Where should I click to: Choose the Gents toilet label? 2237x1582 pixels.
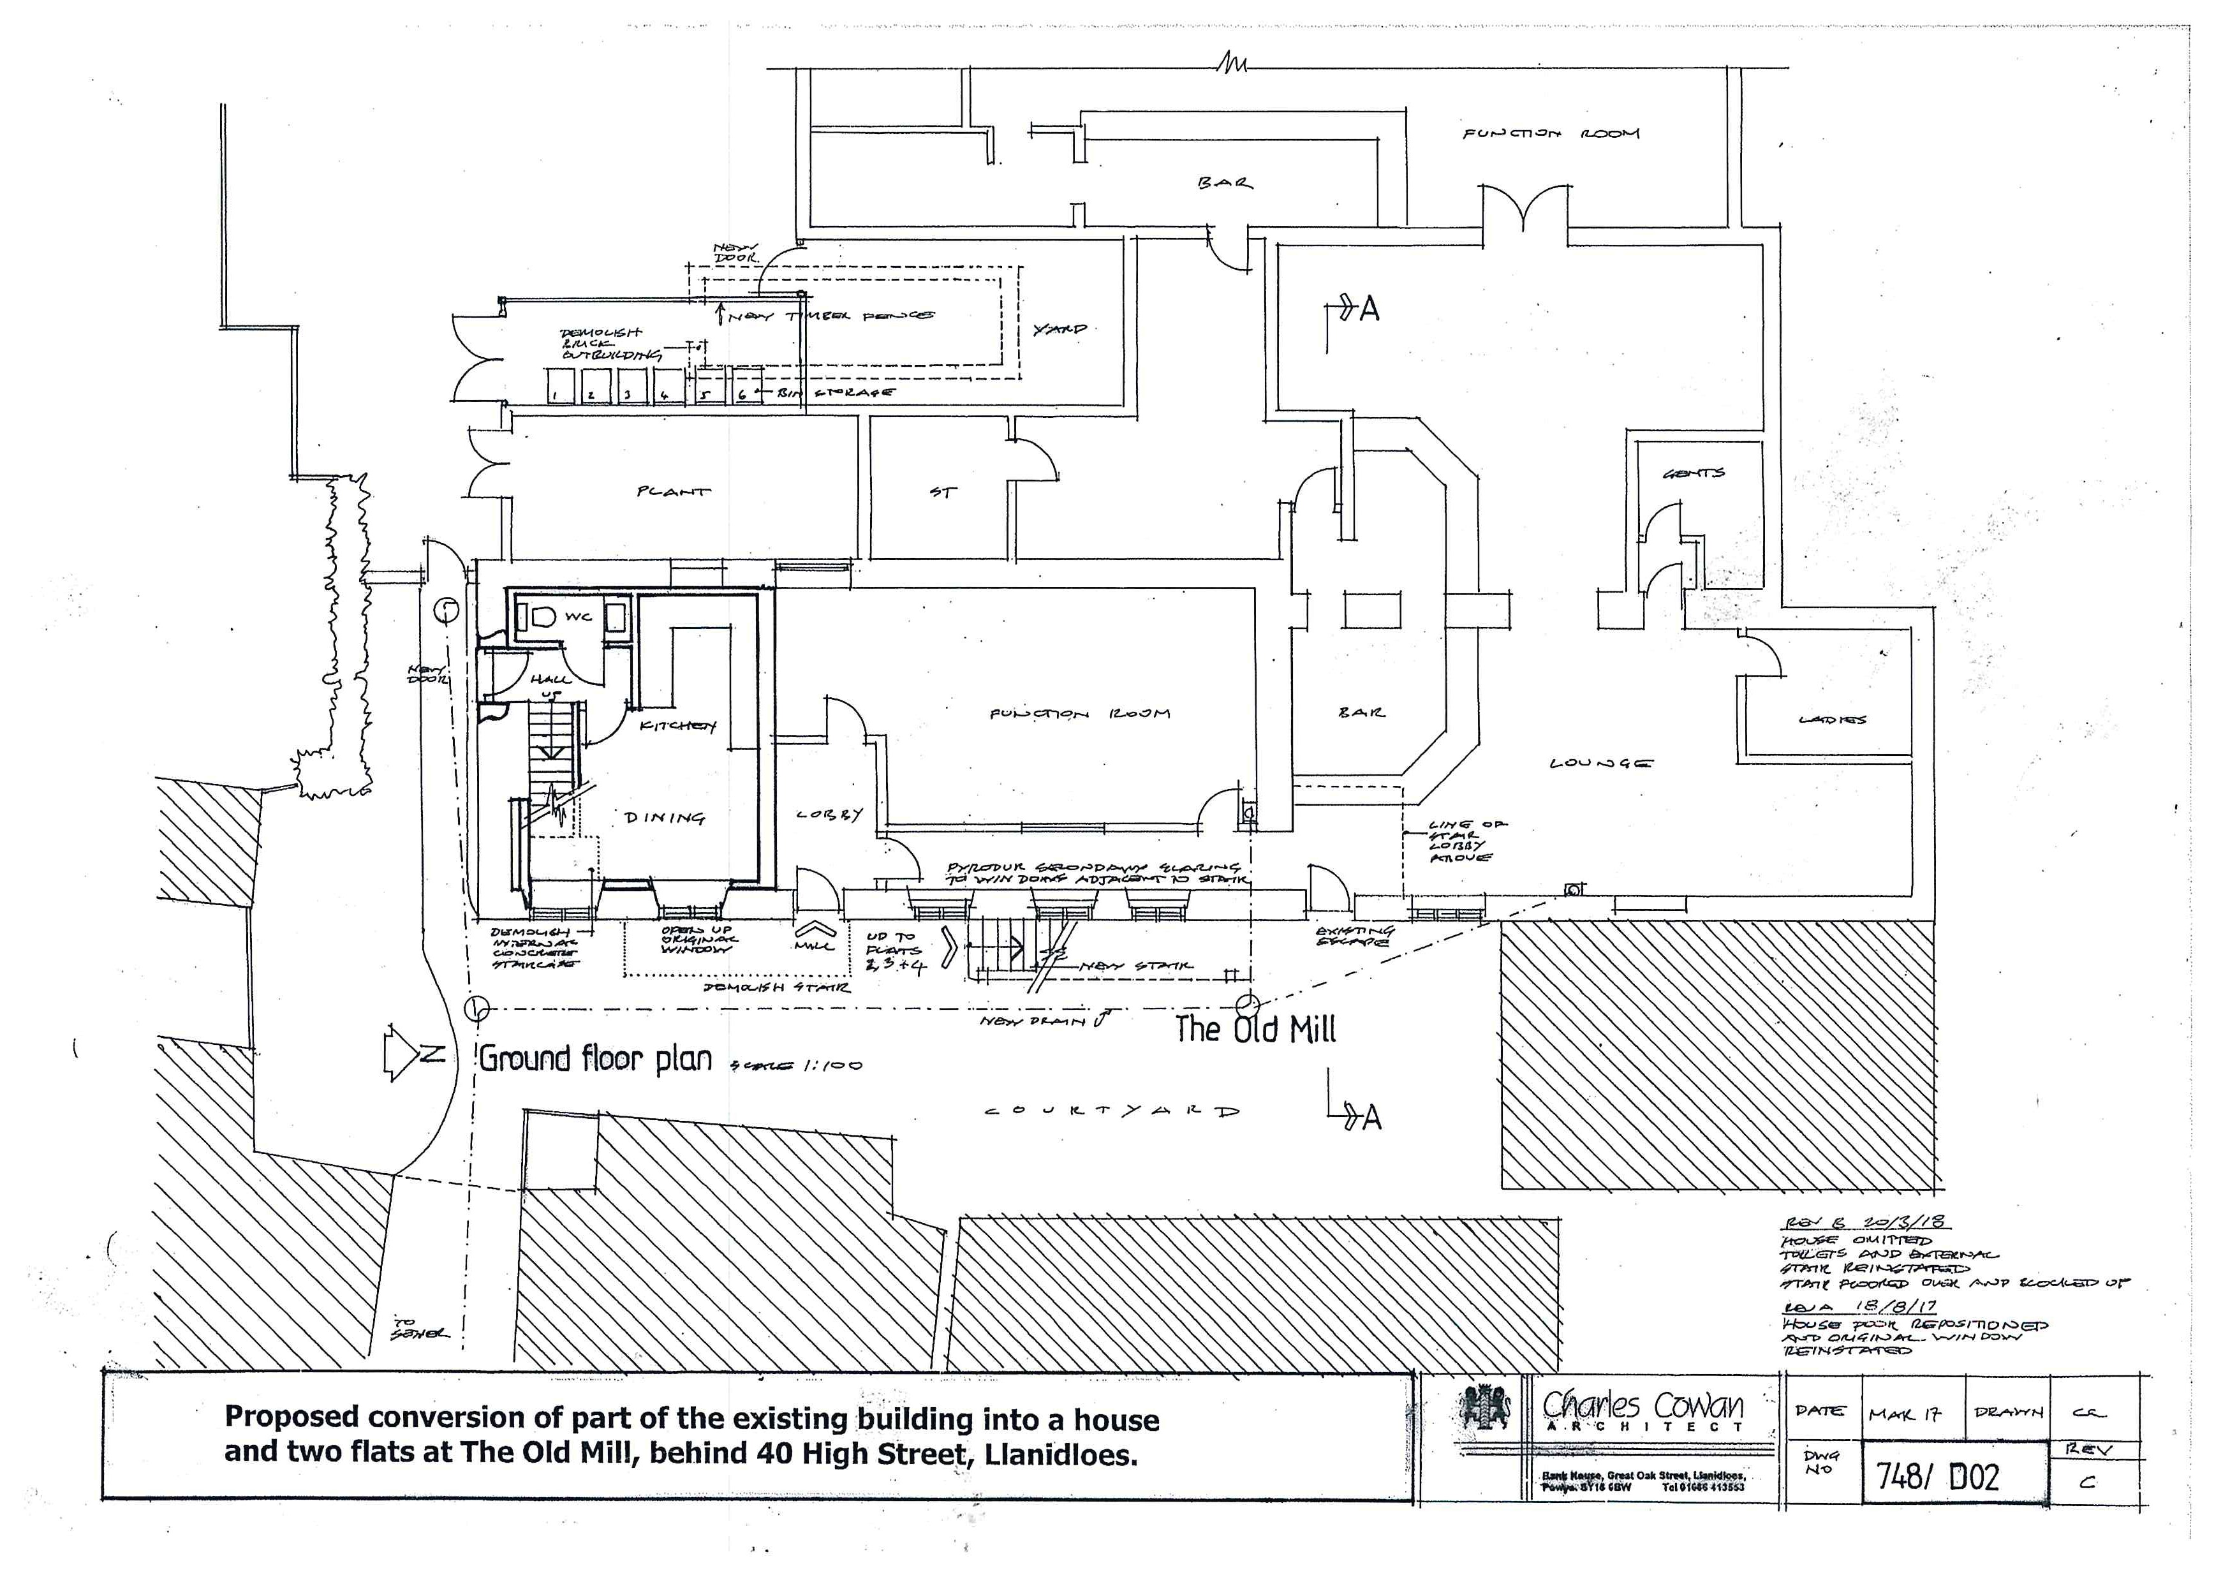point(1694,473)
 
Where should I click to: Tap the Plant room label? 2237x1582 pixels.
point(673,491)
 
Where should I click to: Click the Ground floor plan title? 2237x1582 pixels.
point(595,1059)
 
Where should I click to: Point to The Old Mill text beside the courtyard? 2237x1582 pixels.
point(1255,1029)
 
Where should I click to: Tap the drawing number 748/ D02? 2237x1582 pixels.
point(1938,1477)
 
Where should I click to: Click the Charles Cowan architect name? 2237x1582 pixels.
point(1643,1406)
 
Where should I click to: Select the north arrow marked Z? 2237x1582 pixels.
point(414,1053)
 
